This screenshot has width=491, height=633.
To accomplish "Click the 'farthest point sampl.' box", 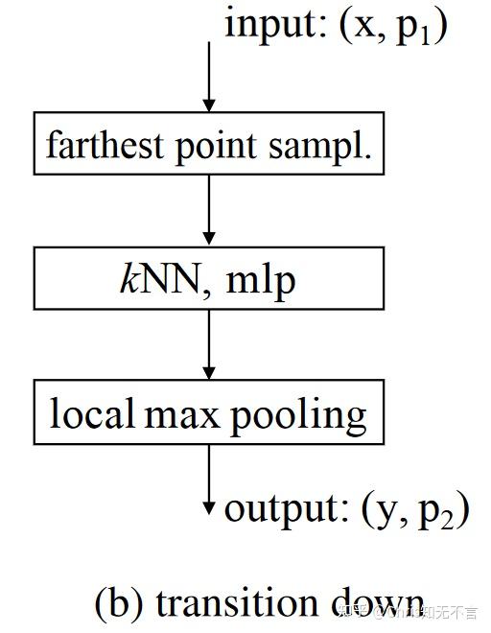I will pos(208,145).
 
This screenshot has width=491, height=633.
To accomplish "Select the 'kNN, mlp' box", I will pos(208,280).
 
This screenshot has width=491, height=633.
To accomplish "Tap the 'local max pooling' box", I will pos(208,414).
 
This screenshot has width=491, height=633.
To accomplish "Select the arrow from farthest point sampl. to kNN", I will pos(208,211).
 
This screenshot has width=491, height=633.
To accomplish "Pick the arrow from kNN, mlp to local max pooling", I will pos(208,345).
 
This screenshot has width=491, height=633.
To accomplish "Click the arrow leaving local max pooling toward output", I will pos(208,480).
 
